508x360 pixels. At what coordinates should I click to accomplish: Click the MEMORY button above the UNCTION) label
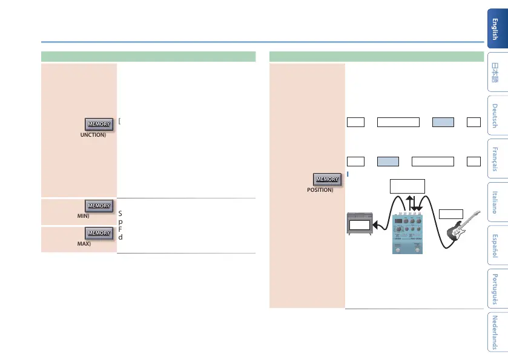tap(99, 124)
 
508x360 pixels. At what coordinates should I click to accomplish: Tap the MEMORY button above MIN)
tap(99, 206)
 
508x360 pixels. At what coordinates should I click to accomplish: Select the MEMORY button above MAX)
tap(99, 233)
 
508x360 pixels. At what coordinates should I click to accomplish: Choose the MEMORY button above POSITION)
tap(326, 179)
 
